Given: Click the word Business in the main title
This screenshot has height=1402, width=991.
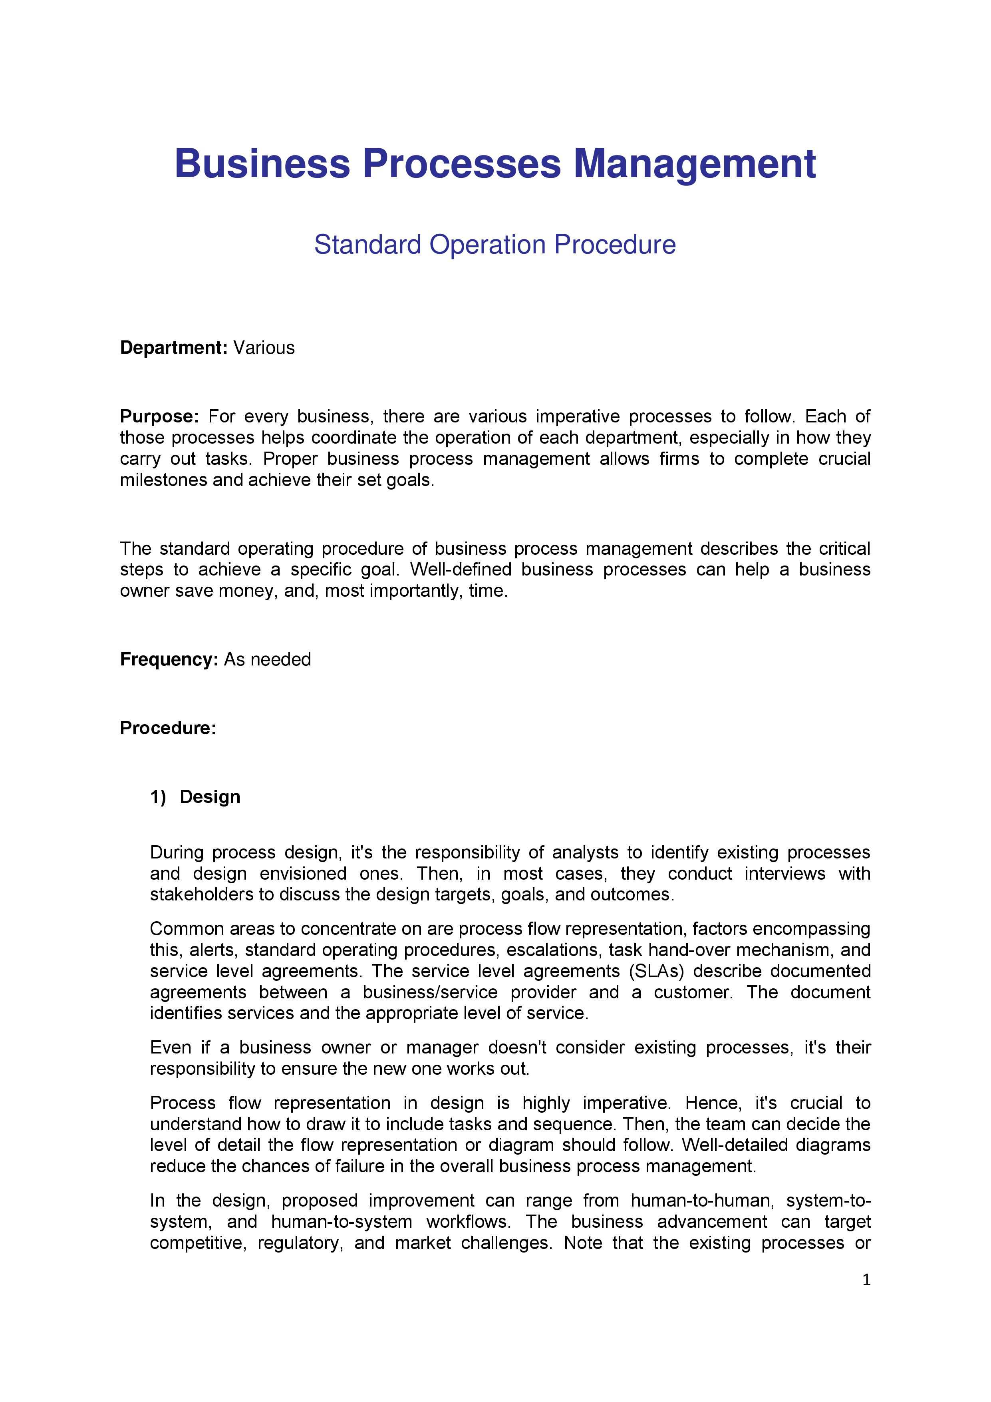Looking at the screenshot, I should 262,163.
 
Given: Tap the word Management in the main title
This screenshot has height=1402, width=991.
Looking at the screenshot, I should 695,163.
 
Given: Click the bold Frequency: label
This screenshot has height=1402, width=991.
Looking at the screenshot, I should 169,659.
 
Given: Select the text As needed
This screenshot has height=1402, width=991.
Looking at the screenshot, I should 267,659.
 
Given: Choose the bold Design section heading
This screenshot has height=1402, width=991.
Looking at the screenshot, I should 210,797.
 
